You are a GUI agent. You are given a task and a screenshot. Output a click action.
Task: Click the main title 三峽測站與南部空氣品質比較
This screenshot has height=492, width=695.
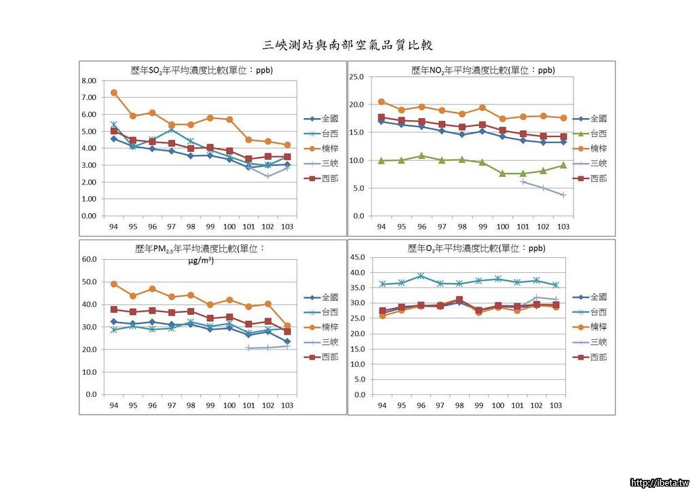pyautogui.click(x=347, y=45)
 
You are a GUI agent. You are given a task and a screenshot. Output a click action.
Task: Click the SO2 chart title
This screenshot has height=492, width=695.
pyautogui.click(x=202, y=70)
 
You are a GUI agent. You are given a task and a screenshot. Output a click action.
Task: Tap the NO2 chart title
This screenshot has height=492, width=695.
pyautogui.click(x=483, y=70)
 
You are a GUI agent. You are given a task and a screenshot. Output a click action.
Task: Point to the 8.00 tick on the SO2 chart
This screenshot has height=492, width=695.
pyautogui.click(x=88, y=80)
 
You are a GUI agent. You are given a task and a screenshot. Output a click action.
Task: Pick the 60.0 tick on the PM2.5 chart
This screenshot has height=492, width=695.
pyautogui.click(x=88, y=259)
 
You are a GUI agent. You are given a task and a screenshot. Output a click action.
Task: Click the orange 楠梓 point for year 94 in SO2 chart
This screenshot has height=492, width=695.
pyautogui.click(x=114, y=92)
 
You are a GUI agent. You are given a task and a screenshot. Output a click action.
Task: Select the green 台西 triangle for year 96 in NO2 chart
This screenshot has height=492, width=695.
pyautogui.click(x=421, y=155)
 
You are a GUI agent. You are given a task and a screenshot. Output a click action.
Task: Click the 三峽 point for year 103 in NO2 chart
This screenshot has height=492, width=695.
pyautogui.click(x=563, y=195)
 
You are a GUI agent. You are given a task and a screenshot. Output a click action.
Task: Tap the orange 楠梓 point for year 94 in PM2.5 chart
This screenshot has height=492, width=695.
pyautogui.click(x=114, y=284)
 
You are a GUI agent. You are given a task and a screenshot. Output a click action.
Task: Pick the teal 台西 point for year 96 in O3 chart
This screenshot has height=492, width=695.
pyautogui.click(x=421, y=276)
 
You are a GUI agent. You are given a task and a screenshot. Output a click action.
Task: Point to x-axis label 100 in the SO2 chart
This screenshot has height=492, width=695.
pyautogui.click(x=229, y=226)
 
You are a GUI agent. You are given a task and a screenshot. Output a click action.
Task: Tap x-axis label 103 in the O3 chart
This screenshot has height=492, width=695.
pyautogui.click(x=556, y=405)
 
